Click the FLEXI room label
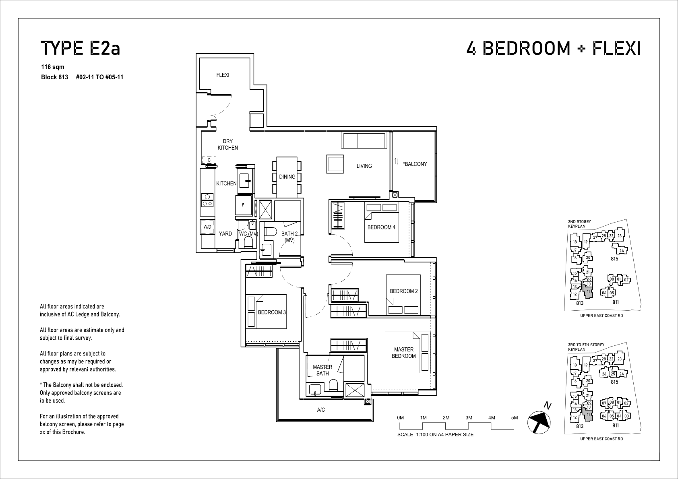(x=223, y=75)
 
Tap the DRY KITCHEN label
(x=227, y=145)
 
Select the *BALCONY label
(x=415, y=164)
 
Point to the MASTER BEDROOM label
(x=404, y=353)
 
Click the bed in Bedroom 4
(x=381, y=223)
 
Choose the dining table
(x=287, y=177)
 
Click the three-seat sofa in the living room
(x=364, y=140)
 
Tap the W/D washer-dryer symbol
(x=207, y=227)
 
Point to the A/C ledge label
(x=321, y=410)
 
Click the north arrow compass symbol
(x=539, y=421)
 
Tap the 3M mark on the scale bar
(x=469, y=418)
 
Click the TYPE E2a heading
(x=81, y=48)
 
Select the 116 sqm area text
(x=53, y=67)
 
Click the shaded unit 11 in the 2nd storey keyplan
(x=588, y=292)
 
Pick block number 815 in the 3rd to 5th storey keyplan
(x=614, y=382)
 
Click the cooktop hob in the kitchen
(x=207, y=200)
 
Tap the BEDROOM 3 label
(x=272, y=312)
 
